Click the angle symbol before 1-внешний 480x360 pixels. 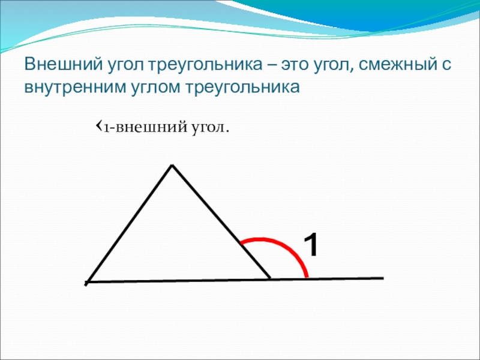click(99, 125)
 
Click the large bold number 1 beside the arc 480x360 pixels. click(311, 244)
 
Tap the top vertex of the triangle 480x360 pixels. click(172, 166)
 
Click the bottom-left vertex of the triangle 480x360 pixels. click(87, 282)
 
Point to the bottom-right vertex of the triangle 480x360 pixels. click(269, 278)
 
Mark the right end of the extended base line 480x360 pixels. click(383, 278)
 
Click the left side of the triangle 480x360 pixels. click(130, 223)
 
